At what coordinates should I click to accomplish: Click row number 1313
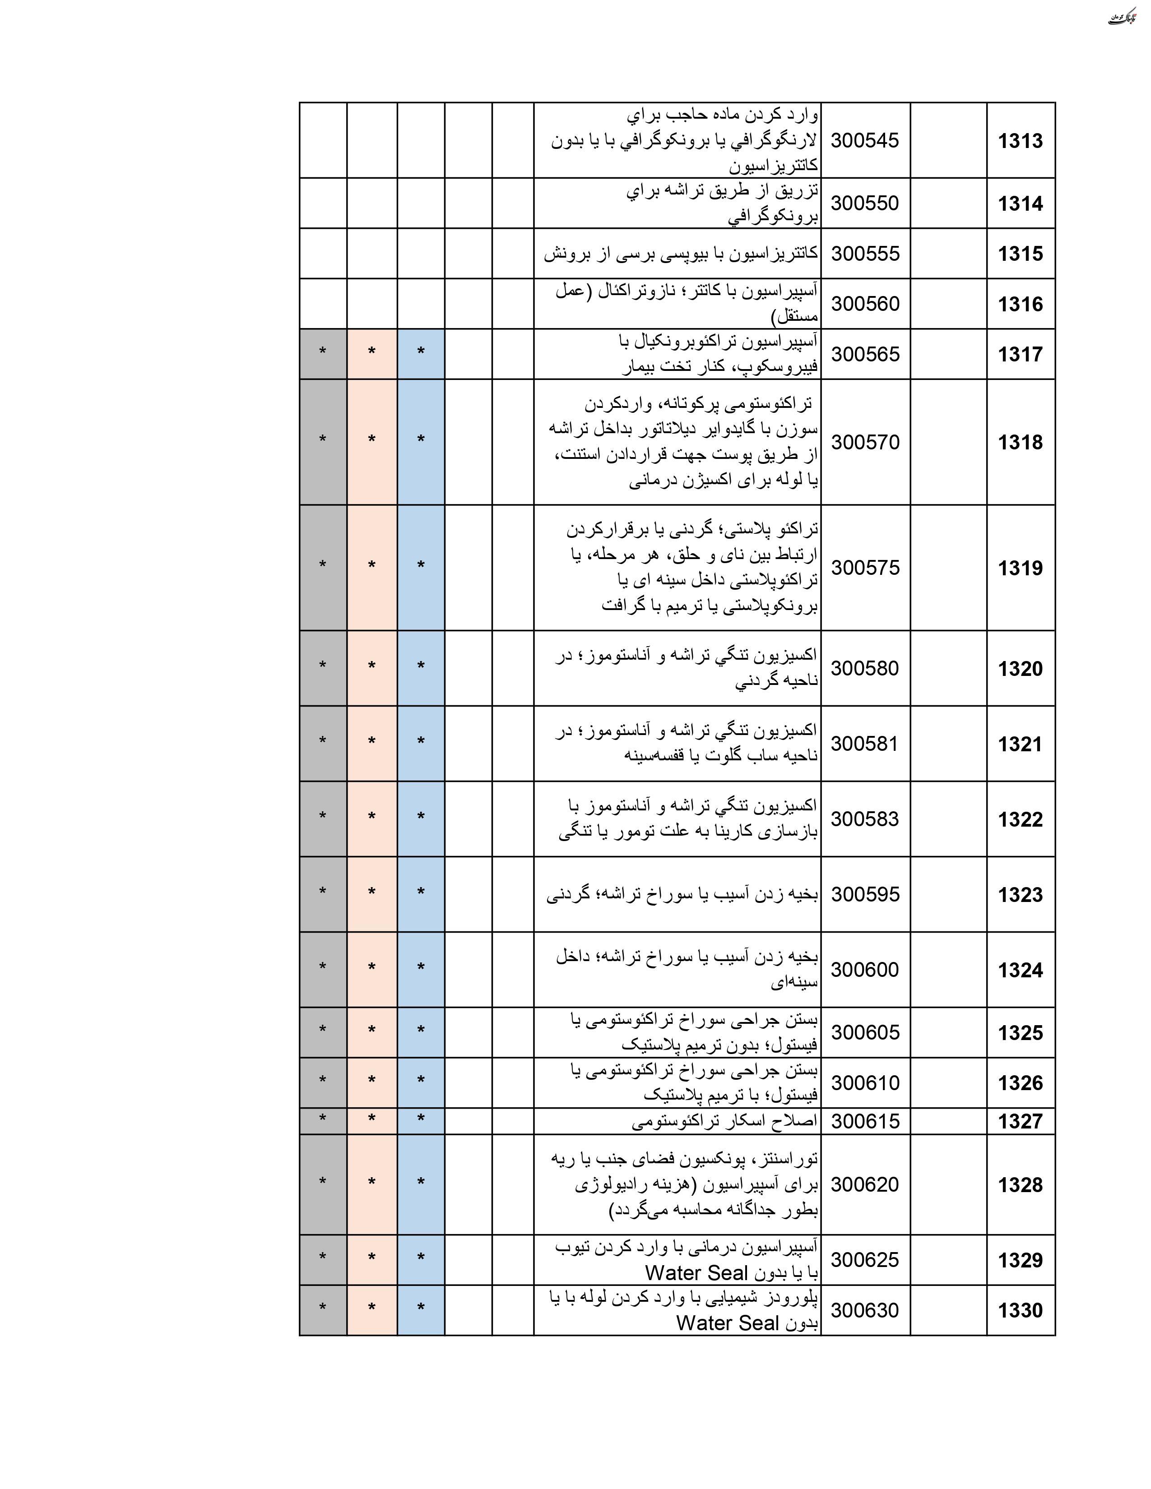[1020, 141]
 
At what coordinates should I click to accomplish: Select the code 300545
[865, 140]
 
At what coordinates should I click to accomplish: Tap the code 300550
[865, 203]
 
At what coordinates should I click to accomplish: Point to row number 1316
[1020, 304]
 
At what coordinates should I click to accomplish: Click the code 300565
[865, 354]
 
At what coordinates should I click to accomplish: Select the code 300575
[865, 567]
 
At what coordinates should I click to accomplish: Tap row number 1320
[1020, 669]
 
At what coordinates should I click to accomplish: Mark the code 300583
[865, 819]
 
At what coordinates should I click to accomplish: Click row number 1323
[1020, 894]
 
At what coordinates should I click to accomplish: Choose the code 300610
[865, 1082]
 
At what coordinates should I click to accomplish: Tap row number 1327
[1020, 1122]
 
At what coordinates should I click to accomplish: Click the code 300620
[865, 1184]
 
